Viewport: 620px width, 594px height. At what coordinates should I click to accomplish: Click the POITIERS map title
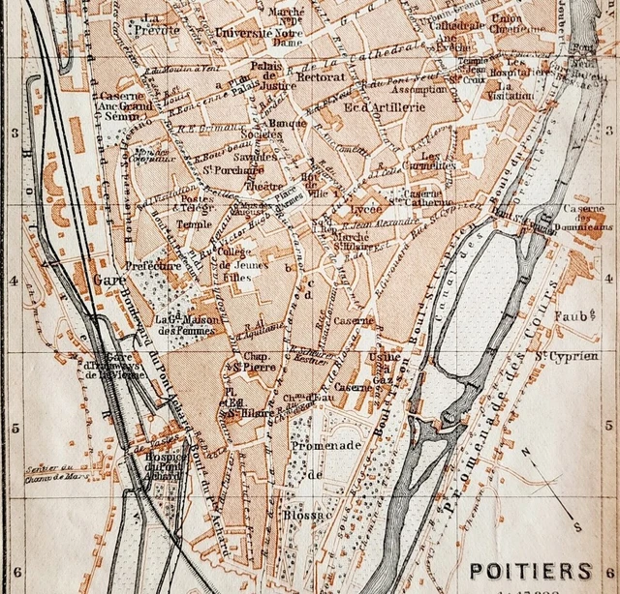[x=530, y=571]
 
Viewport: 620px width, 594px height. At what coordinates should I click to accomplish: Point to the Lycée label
[x=366, y=209]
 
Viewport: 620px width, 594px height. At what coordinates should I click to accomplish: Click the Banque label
[x=288, y=123]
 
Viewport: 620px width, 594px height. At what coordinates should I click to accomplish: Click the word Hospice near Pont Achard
[x=166, y=458]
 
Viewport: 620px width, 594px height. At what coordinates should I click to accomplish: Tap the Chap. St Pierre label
[x=248, y=363]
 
